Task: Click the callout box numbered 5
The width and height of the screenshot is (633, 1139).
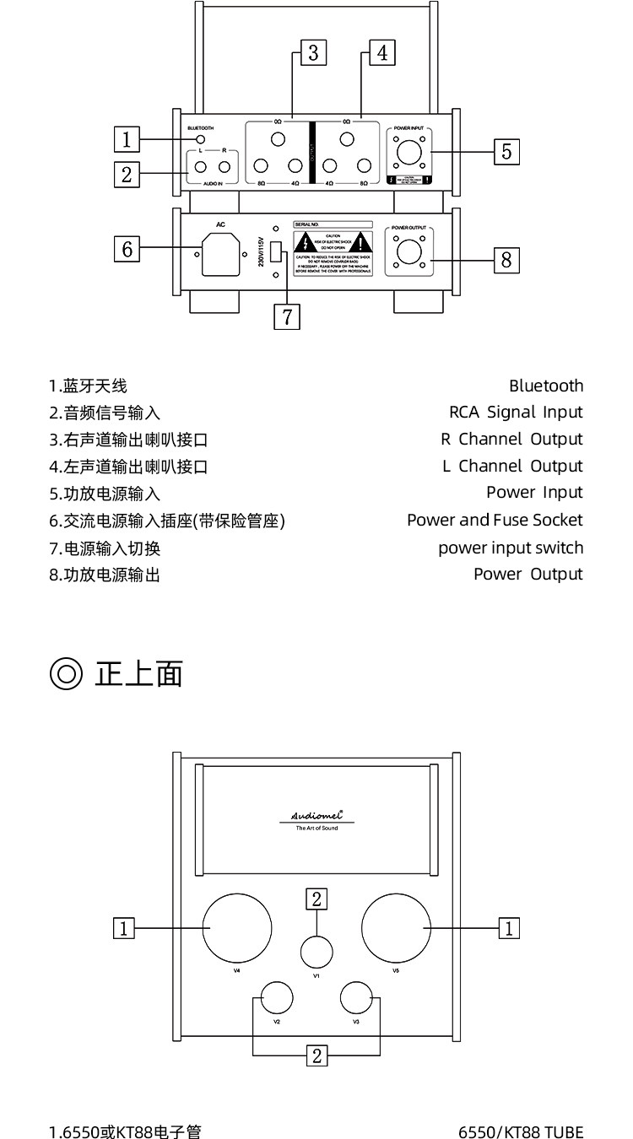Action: [506, 151]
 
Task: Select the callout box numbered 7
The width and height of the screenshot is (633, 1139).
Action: [287, 316]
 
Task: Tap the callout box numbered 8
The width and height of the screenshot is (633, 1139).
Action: [506, 259]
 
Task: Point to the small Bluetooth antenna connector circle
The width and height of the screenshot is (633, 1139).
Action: [201, 139]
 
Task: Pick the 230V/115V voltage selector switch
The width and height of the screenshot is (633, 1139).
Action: [274, 251]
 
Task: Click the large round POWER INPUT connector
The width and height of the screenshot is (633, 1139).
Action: [409, 154]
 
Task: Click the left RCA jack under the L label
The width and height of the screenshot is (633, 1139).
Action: [201, 167]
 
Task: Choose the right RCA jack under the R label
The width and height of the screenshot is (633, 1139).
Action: [224, 167]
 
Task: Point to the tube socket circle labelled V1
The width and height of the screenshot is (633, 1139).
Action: [316, 952]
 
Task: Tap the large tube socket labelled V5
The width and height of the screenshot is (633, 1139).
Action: [395, 927]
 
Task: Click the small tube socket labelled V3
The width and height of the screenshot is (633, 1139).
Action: [356, 998]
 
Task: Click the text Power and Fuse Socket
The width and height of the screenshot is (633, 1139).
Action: [495, 520]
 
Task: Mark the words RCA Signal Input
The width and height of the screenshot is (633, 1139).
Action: [516, 412]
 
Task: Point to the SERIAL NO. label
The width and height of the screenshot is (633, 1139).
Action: [306, 224]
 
